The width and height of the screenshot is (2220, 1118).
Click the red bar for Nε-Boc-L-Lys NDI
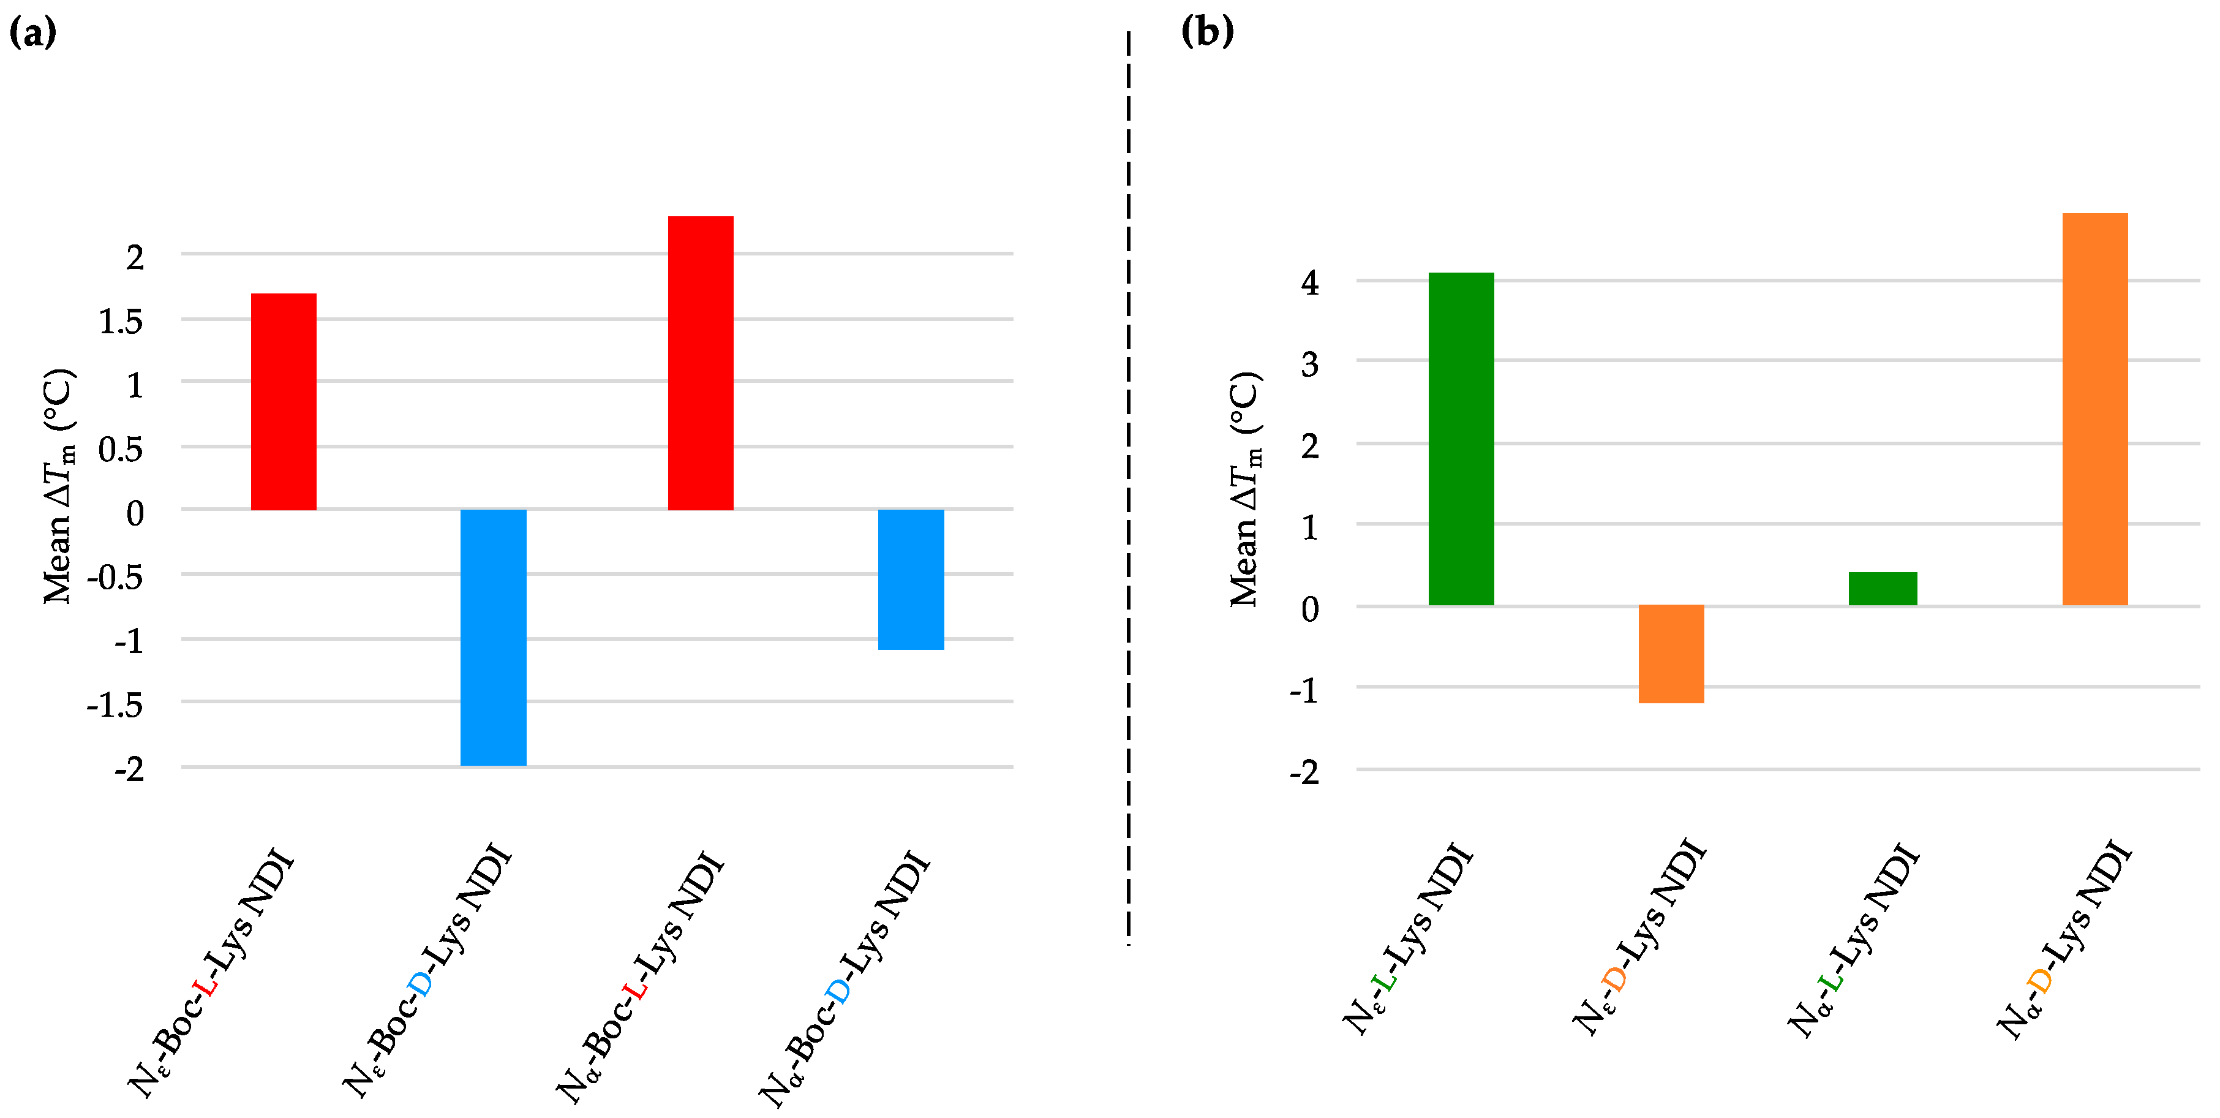point(284,402)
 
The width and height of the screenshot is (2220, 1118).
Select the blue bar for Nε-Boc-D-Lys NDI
point(493,637)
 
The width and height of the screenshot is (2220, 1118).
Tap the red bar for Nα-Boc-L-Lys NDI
point(701,363)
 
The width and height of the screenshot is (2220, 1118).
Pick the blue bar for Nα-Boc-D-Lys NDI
point(911,580)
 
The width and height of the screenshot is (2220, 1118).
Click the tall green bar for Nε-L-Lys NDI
point(1461,439)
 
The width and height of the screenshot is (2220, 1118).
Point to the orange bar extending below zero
point(1671,654)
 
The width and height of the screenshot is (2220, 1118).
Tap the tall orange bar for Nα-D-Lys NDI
point(2095,409)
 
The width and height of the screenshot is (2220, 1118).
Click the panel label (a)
point(32,32)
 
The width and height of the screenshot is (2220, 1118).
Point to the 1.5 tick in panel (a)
point(121,322)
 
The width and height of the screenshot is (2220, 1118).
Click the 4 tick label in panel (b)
point(1310,283)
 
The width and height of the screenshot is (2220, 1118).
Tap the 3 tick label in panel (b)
point(1310,364)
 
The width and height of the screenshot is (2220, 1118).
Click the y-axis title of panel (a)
point(59,487)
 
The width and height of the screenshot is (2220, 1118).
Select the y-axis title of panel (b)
point(1245,489)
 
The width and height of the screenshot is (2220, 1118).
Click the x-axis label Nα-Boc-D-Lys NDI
point(845,978)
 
